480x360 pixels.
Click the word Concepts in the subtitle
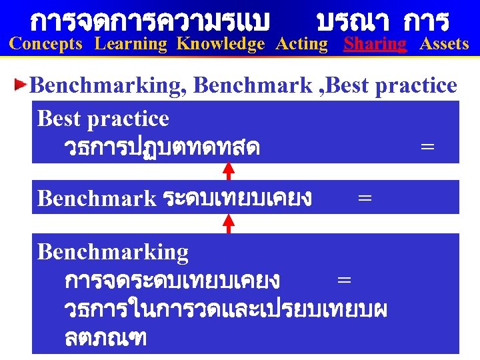pyautogui.click(x=46, y=45)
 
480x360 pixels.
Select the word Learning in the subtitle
pyautogui.click(x=131, y=45)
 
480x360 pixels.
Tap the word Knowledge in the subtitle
pyautogui.click(x=221, y=45)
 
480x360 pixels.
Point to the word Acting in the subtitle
pyautogui.click(x=302, y=45)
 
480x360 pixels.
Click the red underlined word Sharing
pyautogui.click(x=375, y=45)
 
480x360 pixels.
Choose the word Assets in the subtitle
pyautogui.click(x=444, y=45)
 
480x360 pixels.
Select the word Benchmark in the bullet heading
pyautogui.click(x=251, y=85)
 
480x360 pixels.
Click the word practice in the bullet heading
pyautogui.click(x=416, y=85)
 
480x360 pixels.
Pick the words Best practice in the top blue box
pyautogui.click(x=103, y=119)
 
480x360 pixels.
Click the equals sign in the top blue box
pyautogui.click(x=427, y=146)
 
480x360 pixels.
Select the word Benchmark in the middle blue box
pyautogui.click(x=96, y=198)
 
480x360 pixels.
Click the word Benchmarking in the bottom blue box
pyautogui.click(x=113, y=252)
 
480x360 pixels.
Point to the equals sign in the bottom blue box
pyautogui.click(x=344, y=280)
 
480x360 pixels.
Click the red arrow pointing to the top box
pyautogui.click(x=229, y=171)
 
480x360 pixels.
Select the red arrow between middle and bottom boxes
pyautogui.click(x=229, y=223)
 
